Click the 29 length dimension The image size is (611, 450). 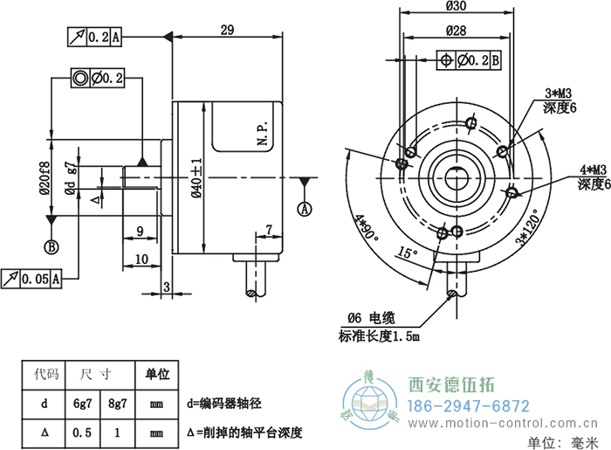point(227,30)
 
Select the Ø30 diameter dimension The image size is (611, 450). point(455,6)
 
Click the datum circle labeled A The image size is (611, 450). point(305,209)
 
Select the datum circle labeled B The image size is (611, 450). point(51,247)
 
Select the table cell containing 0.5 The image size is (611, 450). point(84,433)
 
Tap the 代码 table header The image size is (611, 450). point(45,375)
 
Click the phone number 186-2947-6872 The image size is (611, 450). point(470,406)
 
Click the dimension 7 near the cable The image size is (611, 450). point(269,230)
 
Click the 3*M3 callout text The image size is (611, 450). point(558,93)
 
